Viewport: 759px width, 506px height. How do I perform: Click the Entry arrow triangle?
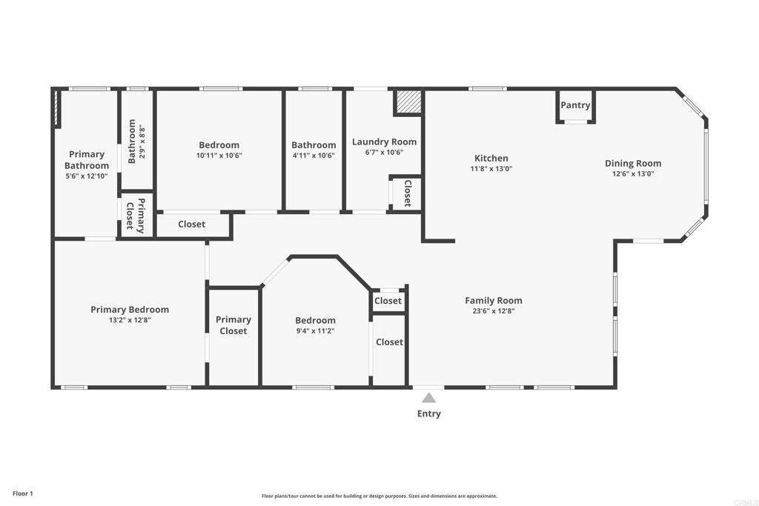click(x=428, y=398)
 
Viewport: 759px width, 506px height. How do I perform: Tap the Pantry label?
click(x=575, y=105)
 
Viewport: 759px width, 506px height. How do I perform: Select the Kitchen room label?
click(x=491, y=158)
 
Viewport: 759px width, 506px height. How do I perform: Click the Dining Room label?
click(x=633, y=163)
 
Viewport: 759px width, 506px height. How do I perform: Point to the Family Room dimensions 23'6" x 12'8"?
click(x=494, y=311)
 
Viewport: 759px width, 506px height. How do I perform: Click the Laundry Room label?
click(x=384, y=142)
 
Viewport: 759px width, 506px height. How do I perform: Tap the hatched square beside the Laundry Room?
click(x=407, y=102)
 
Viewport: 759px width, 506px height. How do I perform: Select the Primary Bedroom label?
click(x=130, y=310)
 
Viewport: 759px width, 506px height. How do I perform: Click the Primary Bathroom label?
click(x=87, y=160)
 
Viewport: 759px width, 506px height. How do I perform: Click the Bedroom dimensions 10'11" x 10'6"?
click(x=219, y=156)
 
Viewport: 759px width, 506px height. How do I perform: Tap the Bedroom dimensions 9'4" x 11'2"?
click(x=315, y=331)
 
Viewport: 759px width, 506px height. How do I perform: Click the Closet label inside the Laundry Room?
click(x=407, y=193)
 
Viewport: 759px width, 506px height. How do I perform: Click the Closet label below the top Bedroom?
click(x=191, y=224)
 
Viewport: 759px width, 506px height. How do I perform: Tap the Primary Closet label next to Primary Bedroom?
click(x=233, y=325)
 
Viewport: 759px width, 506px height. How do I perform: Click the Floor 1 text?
click(x=22, y=493)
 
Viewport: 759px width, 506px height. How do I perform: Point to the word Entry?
click(x=428, y=413)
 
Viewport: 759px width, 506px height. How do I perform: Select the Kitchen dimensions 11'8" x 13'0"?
click(x=491, y=169)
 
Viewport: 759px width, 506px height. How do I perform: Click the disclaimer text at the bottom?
click(x=379, y=496)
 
